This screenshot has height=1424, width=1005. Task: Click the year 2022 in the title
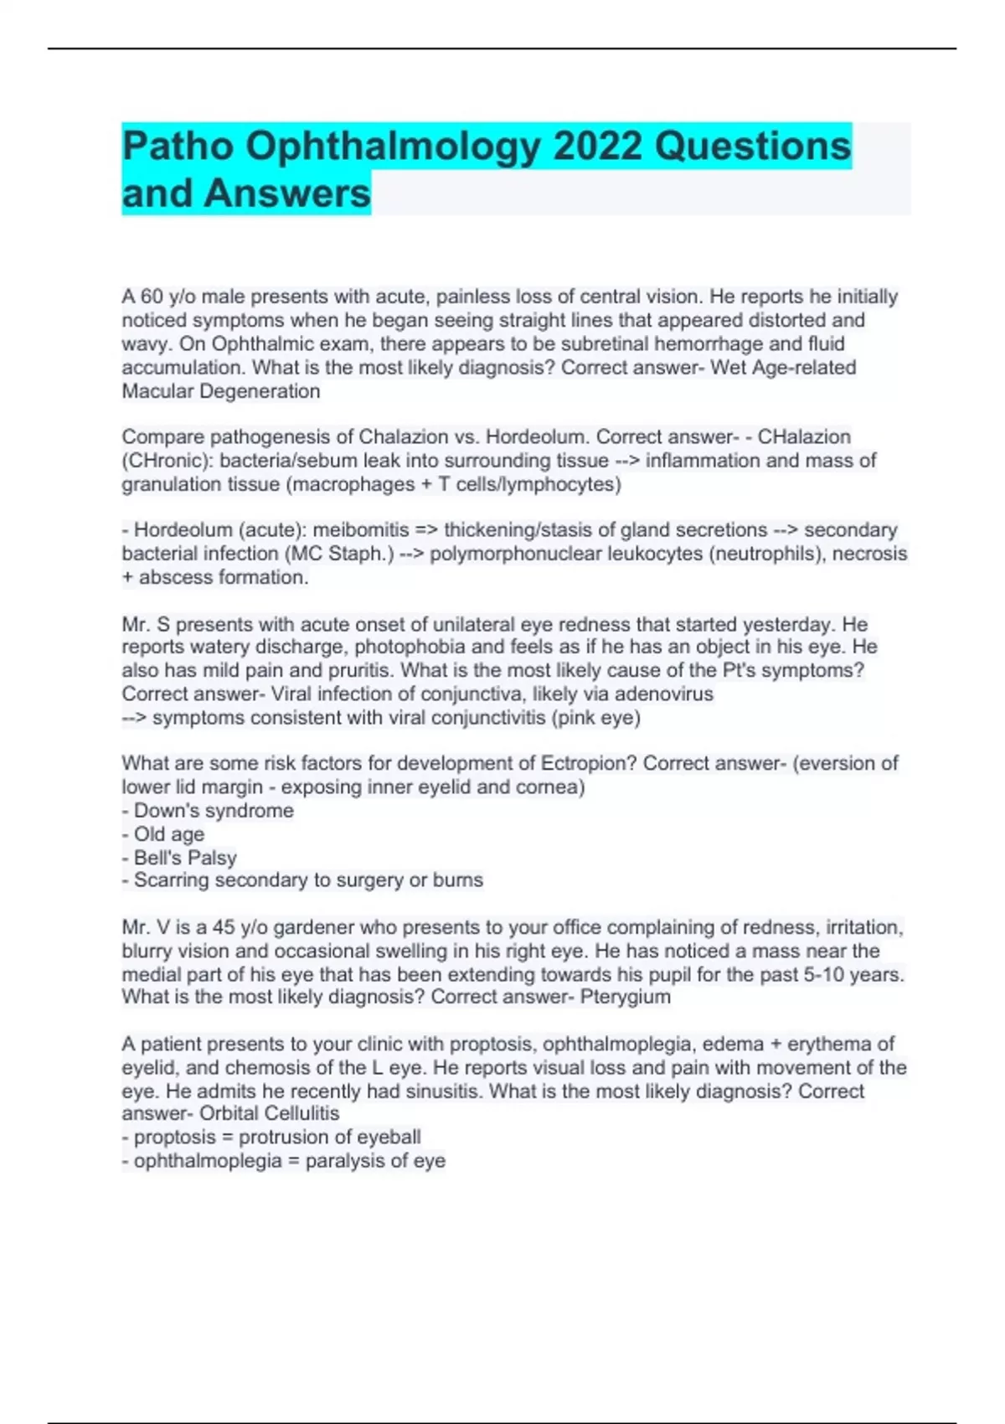tap(599, 147)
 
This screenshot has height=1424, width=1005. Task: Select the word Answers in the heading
tap(286, 193)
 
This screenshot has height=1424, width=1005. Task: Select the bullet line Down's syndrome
tap(214, 811)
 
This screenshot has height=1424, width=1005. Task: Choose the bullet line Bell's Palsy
tap(184, 858)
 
